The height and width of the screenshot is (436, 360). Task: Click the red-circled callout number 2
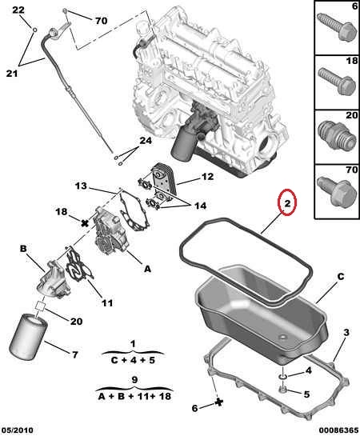tap(287, 203)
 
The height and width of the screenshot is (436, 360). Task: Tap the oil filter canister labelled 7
tap(29, 336)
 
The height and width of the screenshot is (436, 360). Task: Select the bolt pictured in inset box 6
tap(337, 26)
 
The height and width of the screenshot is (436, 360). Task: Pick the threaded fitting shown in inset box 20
tap(337, 135)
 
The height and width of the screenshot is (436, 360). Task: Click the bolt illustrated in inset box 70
tap(337, 190)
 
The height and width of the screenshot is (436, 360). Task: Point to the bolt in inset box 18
tap(337, 81)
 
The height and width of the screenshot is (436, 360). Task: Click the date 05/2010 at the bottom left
tap(17, 430)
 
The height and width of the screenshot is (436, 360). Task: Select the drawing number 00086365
tap(338, 430)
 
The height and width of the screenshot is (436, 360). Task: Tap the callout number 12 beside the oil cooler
tap(207, 177)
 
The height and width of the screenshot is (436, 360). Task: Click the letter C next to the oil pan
tap(341, 277)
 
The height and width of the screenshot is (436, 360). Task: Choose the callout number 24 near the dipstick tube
tap(146, 141)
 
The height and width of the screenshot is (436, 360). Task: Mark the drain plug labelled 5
tap(282, 390)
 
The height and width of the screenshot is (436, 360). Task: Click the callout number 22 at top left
tap(18, 10)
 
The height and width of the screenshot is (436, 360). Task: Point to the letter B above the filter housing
tap(23, 248)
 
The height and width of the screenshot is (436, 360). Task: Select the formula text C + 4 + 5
tap(133, 360)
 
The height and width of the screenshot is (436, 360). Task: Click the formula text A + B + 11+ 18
tap(134, 396)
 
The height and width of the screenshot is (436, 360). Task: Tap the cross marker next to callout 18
tap(85, 222)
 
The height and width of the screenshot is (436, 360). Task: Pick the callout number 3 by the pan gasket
tap(346, 332)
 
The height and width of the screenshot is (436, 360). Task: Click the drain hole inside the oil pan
tap(282, 338)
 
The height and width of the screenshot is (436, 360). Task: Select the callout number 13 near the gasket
tap(81, 186)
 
